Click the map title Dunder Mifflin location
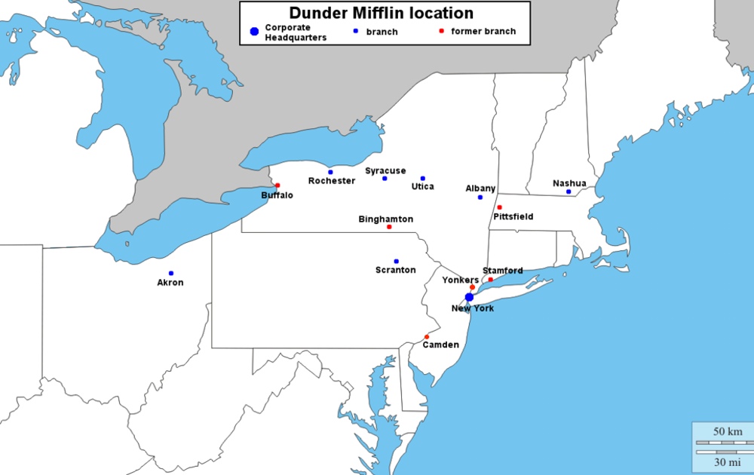(x=382, y=14)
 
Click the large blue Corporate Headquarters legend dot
(x=254, y=32)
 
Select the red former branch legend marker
(x=441, y=32)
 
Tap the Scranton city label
(x=395, y=270)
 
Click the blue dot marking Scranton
(x=396, y=262)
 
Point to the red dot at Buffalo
(x=277, y=185)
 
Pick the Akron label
(x=170, y=283)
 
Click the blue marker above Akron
(x=171, y=273)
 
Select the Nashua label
(x=569, y=182)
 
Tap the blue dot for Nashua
(x=569, y=192)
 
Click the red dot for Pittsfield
(x=499, y=207)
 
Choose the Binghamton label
(x=385, y=219)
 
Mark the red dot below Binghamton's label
(x=389, y=227)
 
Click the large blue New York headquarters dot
(x=469, y=297)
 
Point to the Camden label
(x=440, y=345)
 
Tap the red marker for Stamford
(x=491, y=280)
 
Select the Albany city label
(x=480, y=188)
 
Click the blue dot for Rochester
(x=330, y=172)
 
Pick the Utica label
(x=422, y=186)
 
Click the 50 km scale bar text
(x=728, y=431)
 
